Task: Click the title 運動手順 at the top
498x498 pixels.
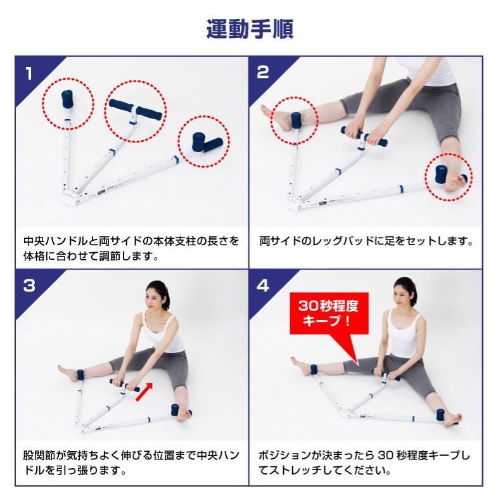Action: (x=250, y=29)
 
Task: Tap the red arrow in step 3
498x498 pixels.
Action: (x=144, y=392)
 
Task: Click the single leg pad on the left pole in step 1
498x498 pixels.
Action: (x=67, y=99)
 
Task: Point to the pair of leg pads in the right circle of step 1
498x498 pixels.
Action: (x=207, y=143)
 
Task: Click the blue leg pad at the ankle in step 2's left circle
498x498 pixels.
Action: (x=296, y=120)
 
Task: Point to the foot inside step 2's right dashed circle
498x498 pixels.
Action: (x=454, y=181)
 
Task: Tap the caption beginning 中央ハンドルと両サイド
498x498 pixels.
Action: (x=131, y=248)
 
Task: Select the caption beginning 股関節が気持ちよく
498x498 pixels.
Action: (x=131, y=463)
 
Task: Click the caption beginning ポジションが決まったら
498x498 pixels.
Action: (x=364, y=463)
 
